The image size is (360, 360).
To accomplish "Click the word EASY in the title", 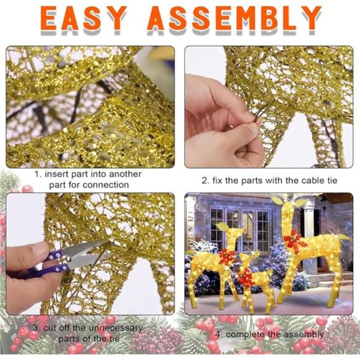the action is (x=84, y=19).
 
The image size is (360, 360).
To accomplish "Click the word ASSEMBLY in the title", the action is (x=234, y=19).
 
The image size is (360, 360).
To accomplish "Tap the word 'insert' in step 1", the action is (x=56, y=174).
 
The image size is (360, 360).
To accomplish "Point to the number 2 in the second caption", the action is (x=205, y=181).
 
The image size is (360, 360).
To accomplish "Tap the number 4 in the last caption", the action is (x=218, y=335).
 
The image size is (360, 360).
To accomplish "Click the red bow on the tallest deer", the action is (x=294, y=241).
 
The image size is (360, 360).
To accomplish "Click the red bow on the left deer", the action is (x=227, y=256).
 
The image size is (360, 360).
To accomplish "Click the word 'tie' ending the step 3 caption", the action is (x=114, y=339).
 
